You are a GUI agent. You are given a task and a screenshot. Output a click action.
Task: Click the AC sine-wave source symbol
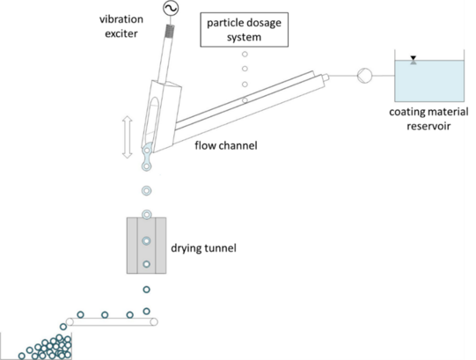171,8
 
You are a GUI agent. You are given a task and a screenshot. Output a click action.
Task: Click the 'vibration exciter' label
121,26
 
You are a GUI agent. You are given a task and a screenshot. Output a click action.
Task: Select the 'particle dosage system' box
244,29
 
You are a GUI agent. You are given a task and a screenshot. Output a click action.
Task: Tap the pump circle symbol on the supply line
364,76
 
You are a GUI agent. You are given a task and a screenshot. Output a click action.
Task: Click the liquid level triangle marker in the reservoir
414,60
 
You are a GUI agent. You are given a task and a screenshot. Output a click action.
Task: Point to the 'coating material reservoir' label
428,119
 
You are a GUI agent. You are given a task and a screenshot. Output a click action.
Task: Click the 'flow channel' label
226,145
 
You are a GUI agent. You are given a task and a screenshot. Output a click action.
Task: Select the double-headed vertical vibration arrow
128,137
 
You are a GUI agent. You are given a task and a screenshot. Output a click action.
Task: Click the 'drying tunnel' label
203,248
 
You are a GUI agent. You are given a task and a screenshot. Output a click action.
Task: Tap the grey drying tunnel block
146,246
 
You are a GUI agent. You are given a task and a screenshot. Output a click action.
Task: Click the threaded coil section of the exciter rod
170,31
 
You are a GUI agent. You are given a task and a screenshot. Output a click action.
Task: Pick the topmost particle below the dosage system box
245,55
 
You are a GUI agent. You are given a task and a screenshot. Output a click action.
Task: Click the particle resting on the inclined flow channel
245,100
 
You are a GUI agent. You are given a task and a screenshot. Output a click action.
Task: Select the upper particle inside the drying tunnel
146,241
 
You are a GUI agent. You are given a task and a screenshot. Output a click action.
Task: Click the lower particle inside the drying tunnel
146,264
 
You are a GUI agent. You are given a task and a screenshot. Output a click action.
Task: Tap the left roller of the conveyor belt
70,322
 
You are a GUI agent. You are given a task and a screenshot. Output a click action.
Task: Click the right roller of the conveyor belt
154,322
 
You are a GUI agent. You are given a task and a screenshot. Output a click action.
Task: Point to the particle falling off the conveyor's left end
63,327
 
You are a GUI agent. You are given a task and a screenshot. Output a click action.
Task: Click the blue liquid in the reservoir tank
429,81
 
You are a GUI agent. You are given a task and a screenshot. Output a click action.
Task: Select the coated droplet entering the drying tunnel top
147,215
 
